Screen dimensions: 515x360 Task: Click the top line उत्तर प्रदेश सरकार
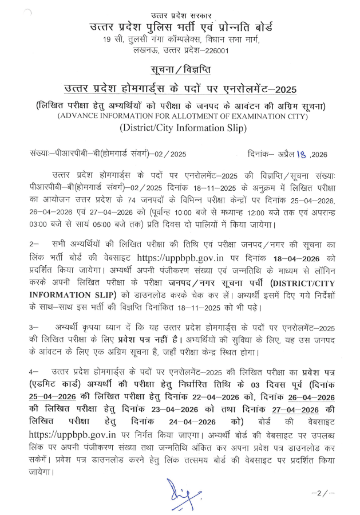click(x=180, y=13)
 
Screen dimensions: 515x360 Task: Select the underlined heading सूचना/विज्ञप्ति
click(x=180, y=70)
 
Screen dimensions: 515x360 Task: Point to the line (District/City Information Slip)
click(x=180, y=128)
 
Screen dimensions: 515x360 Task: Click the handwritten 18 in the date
click(x=298, y=154)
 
